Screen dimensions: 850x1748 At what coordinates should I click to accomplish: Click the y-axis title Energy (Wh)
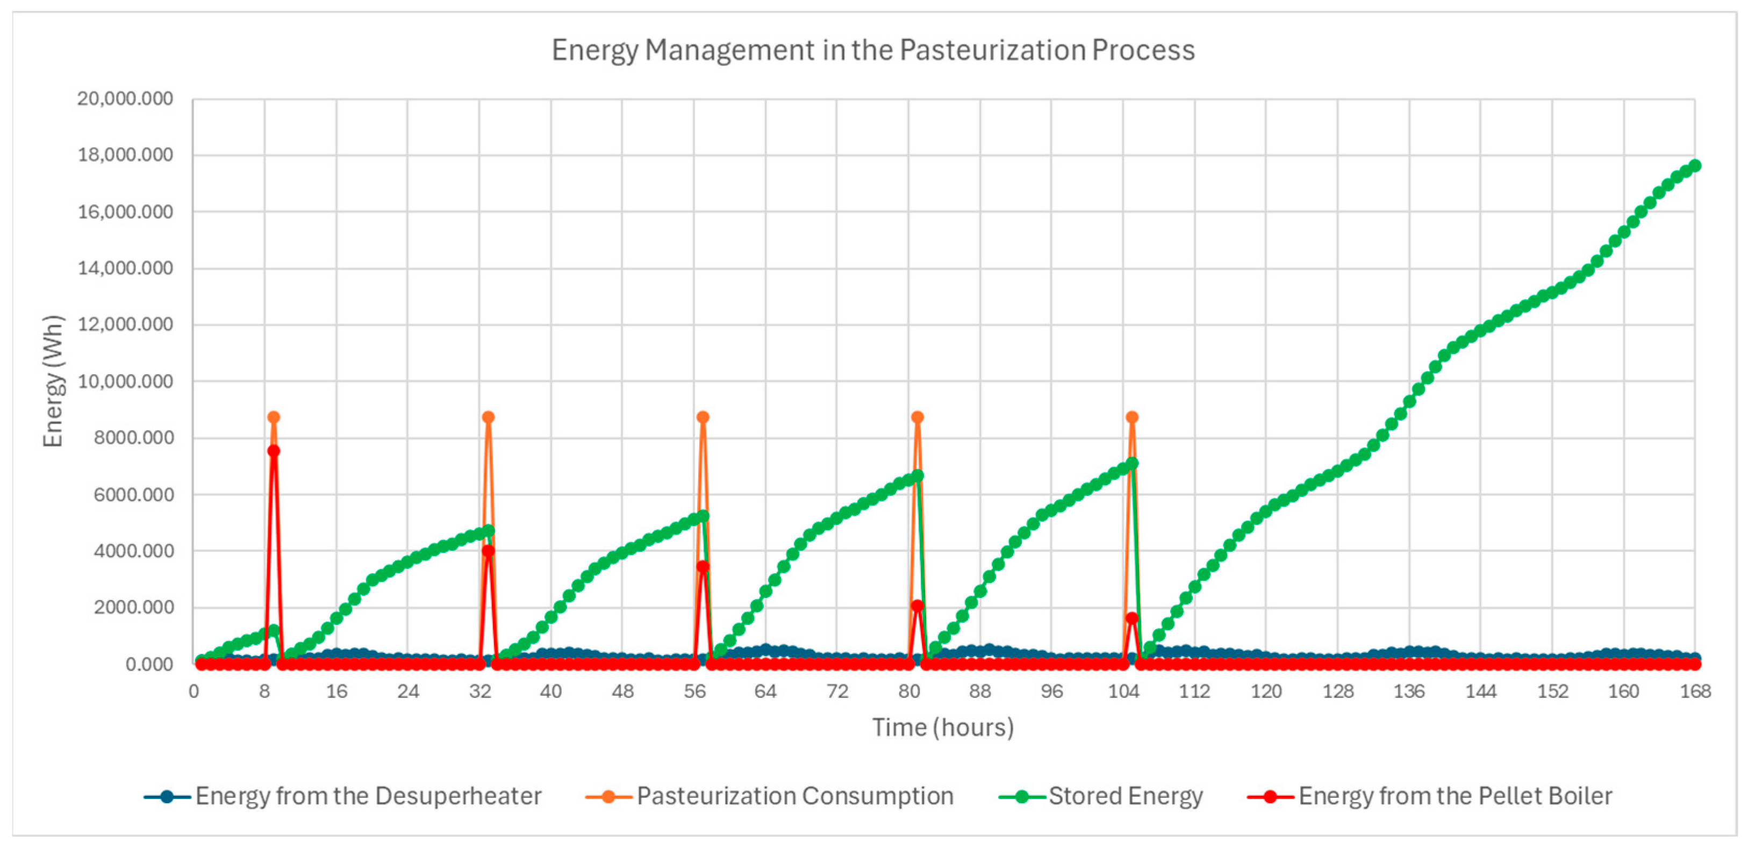pyautogui.click(x=53, y=381)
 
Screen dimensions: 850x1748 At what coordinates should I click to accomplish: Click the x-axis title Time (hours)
pyautogui.click(x=943, y=727)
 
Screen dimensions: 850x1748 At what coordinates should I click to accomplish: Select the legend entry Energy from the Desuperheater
pyautogui.click(x=368, y=796)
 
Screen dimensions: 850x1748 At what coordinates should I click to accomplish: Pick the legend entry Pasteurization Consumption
pyautogui.click(x=794, y=796)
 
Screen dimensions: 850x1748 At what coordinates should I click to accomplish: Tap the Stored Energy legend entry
pyautogui.click(x=1125, y=796)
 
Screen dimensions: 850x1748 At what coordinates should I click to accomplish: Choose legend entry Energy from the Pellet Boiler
pyautogui.click(x=1455, y=796)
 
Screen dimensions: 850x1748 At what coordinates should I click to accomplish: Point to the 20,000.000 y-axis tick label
pyautogui.click(x=125, y=99)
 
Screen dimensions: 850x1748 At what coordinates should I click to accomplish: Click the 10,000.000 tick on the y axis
pyautogui.click(x=125, y=381)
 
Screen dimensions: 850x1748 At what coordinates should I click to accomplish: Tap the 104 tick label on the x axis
pyautogui.click(x=1123, y=691)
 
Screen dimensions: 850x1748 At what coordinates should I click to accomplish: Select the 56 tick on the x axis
pyautogui.click(x=694, y=691)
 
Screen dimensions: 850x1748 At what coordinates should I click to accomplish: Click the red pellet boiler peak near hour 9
pyautogui.click(x=274, y=450)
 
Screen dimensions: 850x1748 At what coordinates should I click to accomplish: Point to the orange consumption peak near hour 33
pyautogui.click(x=488, y=417)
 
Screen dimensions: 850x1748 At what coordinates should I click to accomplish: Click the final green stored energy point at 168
pyautogui.click(x=1694, y=165)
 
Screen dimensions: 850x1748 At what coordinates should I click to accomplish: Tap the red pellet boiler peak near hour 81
pyautogui.click(x=918, y=606)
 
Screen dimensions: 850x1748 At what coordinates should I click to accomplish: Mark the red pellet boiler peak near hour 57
pyautogui.click(x=703, y=566)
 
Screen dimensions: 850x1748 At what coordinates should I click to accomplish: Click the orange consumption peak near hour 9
pyautogui.click(x=274, y=417)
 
